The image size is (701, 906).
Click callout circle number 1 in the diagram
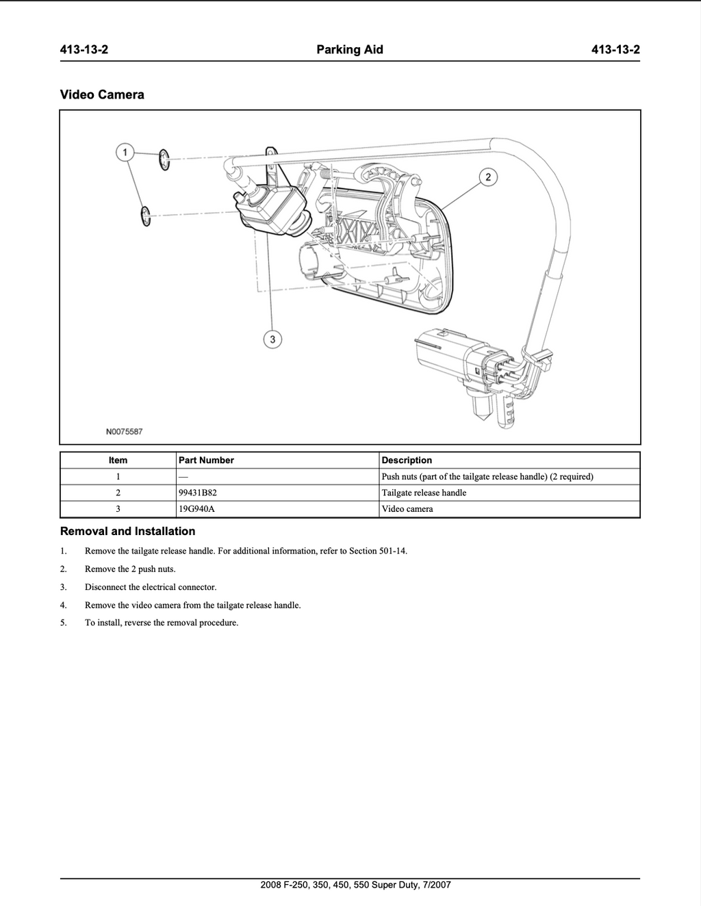(x=125, y=153)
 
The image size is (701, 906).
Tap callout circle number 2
(x=488, y=177)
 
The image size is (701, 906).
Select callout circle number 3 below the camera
(x=272, y=339)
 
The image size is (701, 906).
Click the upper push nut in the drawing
(x=164, y=159)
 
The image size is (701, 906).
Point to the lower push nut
(x=146, y=216)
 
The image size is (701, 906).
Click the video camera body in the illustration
(x=271, y=211)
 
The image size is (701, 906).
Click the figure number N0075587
(x=125, y=432)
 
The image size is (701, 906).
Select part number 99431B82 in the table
(x=198, y=493)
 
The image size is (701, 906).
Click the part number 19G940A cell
(x=196, y=508)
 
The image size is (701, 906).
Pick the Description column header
(x=407, y=461)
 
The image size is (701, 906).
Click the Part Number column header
(x=206, y=461)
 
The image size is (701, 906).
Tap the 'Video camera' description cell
(x=407, y=508)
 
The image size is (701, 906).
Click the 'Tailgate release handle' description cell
(x=424, y=493)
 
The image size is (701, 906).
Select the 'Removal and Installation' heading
(x=127, y=531)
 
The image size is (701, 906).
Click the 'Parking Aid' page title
(x=350, y=50)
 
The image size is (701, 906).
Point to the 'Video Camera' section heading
(x=102, y=94)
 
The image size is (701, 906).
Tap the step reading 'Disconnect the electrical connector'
(x=151, y=587)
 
